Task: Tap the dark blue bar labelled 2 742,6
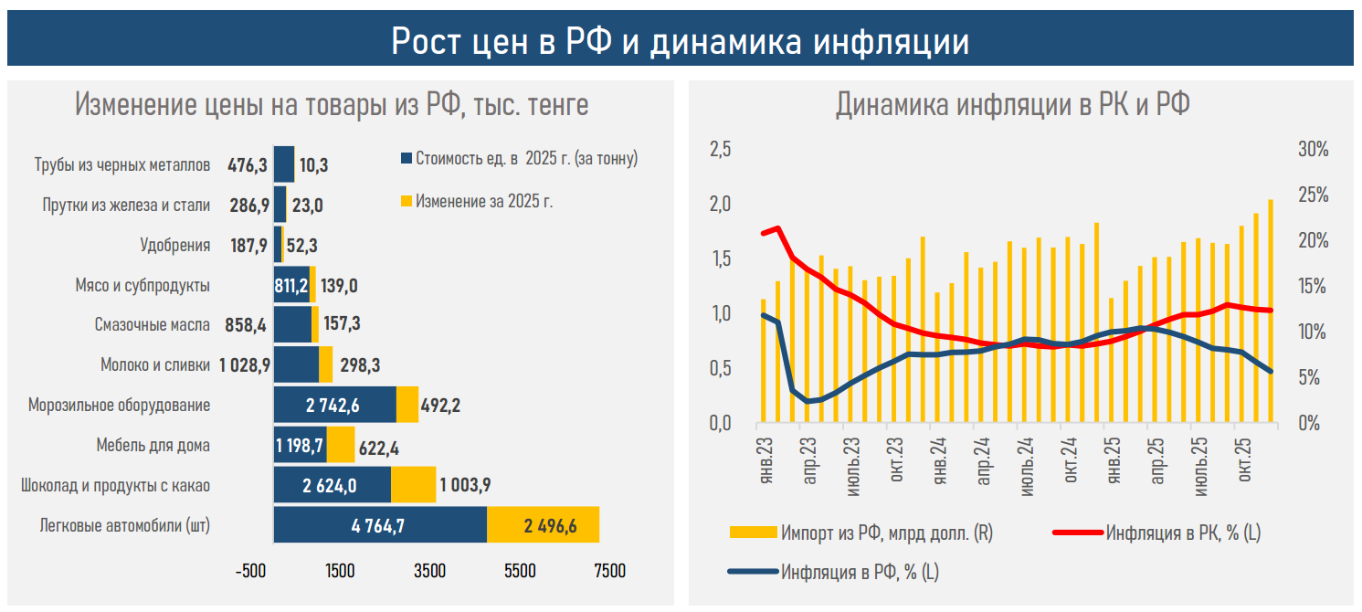pyautogui.click(x=334, y=404)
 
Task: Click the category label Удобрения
pyautogui.click(x=174, y=246)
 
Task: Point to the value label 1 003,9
pyautogui.click(x=465, y=485)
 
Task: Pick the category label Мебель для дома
pyautogui.click(x=153, y=446)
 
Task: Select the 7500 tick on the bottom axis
pyautogui.click(x=609, y=571)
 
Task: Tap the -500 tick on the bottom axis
pyautogui.click(x=250, y=571)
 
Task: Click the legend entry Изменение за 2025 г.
pyautogui.click(x=483, y=201)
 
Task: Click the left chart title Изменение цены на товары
pyautogui.click(x=331, y=105)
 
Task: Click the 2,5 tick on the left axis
pyautogui.click(x=721, y=150)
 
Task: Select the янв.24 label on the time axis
pyautogui.click(x=939, y=462)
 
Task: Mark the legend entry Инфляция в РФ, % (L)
pyautogui.click(x=859, y=574)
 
